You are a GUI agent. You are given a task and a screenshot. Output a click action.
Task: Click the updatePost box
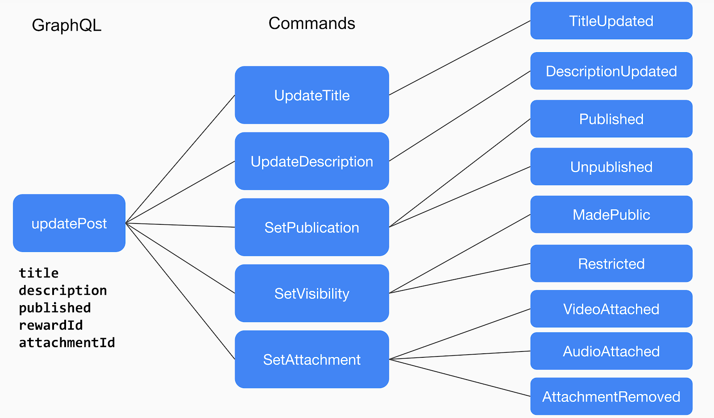(x=69, y=223)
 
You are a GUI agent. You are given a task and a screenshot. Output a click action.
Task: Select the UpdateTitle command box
(x=311, y=95)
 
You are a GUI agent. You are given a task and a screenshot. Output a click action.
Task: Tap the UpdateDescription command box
(x=311, y=161)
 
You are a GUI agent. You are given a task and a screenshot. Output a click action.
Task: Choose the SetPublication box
(x=311, y=227)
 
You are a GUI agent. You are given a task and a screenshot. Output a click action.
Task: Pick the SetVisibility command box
(x=311, y=293)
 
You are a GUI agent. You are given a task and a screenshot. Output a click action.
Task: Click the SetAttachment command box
(x=311, y=359)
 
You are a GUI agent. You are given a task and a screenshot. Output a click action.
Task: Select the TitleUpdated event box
(x=611, y=21)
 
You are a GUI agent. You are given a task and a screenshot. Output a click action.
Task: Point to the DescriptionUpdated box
(x=611, y=71)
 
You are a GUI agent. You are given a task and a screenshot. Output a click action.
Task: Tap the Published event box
(x=611, y=119)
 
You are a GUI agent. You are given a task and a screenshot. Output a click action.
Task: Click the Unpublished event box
(x=611, y=166)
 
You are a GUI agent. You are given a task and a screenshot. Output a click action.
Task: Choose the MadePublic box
(x=611, y=215)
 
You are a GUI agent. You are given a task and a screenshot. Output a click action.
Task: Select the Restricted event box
(x=611, y=263)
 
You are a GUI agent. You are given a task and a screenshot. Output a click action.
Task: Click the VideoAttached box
(x=611, y=309)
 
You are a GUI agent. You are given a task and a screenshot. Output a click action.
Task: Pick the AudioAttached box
(x=611, y=351)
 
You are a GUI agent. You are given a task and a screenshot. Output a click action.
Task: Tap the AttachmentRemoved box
(x=611, y=396)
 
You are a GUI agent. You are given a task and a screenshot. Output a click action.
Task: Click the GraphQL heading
(x=66, y=25)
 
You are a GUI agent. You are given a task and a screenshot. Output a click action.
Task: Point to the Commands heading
(x=311, y=23)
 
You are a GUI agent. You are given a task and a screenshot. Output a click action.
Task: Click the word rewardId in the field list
(x=51, y=325)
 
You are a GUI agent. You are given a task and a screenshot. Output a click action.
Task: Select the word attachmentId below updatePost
(x=67, y=343)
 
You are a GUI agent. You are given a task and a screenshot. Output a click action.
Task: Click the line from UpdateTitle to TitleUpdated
(x=460, y=58)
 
